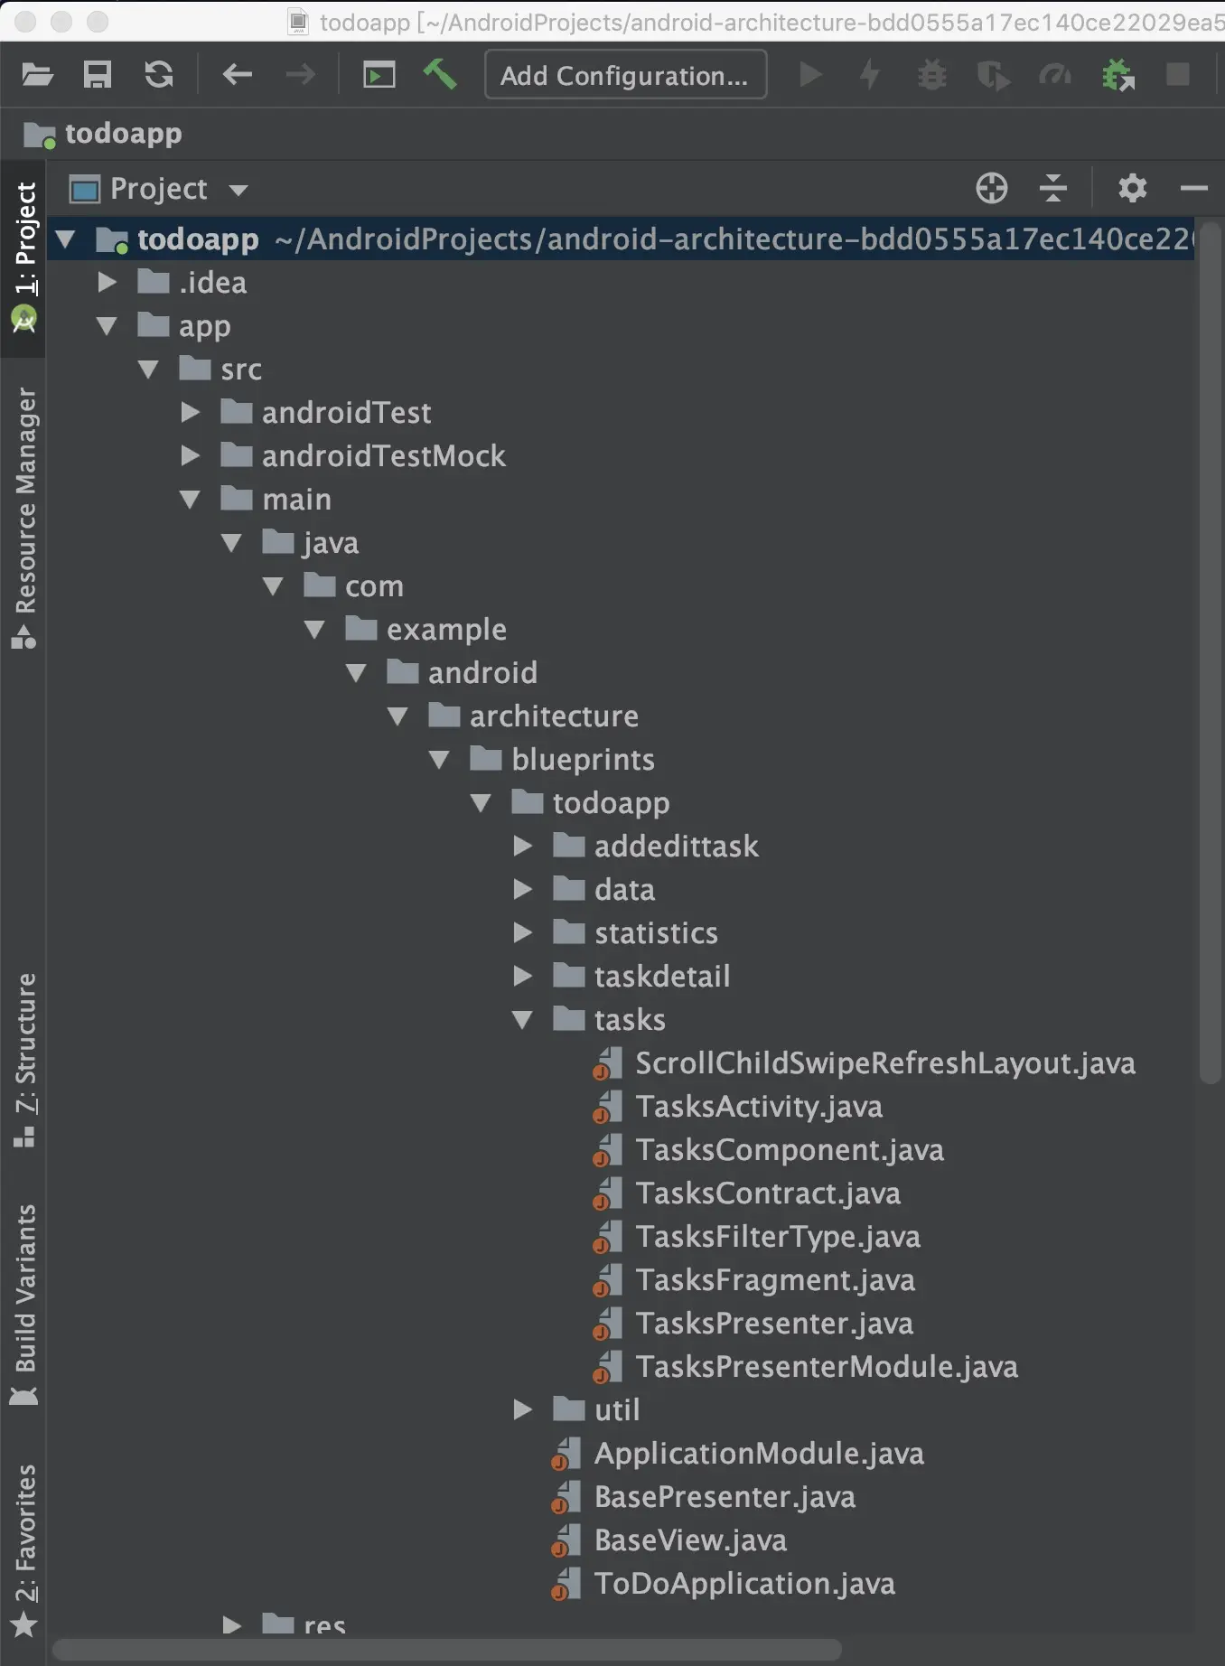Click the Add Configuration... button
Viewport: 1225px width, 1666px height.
(625, 75)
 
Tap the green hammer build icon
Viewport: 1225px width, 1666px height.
(440, 74)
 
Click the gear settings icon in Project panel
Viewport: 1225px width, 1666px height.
(1132, 188)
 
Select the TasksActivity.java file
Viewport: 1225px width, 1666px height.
(759, 1107)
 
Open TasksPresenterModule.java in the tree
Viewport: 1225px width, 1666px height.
(827, 1367)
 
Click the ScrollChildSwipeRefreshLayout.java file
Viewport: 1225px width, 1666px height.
(885, 1063)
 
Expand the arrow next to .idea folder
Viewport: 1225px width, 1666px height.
(107, 282)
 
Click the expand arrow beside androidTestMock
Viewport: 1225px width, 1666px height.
(190, 455)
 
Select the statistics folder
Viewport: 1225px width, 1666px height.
(656, 933)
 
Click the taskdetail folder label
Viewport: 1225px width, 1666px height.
(662, 977)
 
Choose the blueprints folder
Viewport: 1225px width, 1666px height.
(583, 760)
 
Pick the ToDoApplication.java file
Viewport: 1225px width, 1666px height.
(744, 1584)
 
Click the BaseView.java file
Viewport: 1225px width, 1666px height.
(690, 1540)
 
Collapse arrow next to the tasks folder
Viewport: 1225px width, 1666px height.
(522, 1020)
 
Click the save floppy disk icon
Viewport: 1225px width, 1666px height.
(98, 74)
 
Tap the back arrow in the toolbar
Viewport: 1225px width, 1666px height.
(238, 74)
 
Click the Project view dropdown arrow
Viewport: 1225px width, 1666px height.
(238, 190)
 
